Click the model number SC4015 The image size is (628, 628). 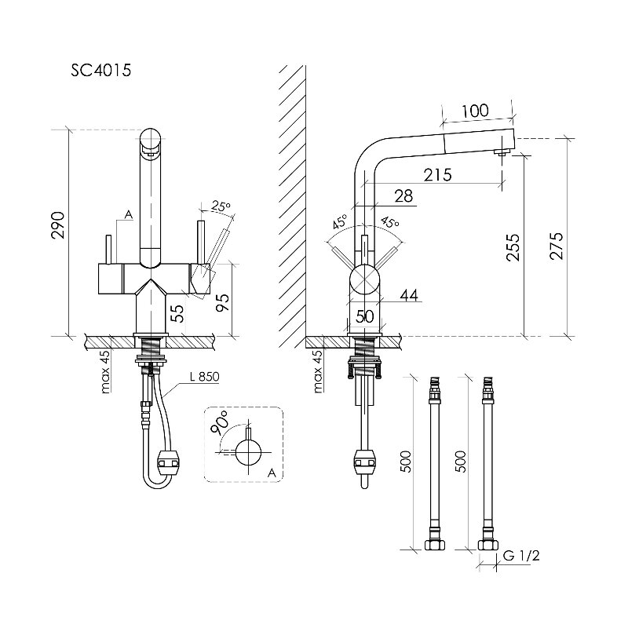click(x=101, y=71)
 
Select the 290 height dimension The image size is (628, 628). click(x=58, y=225)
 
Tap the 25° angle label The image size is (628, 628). click(x=221, y=206)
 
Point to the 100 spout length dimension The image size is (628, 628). click(x=475, y=111)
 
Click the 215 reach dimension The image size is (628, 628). click(x=438, y=174)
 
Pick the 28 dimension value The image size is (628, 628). click(x=403, y=196)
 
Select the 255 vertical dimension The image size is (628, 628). click(x=513, y=247)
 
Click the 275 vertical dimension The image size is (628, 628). click(x=557, y=246)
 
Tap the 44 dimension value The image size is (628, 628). click(x=409, y=296)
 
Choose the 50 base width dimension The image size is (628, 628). click(x=364, y=316)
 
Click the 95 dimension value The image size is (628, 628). click(x=223, y=302)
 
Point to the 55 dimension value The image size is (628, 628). click(x=179, y=313)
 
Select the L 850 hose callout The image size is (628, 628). click(x=204, y=377)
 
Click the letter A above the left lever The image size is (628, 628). click(x=128, y=215)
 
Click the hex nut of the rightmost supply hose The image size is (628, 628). click(x=487, y=545)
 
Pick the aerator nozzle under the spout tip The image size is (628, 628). click(x=502, y=152)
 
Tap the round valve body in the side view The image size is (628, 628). click(x=364, y=279)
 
